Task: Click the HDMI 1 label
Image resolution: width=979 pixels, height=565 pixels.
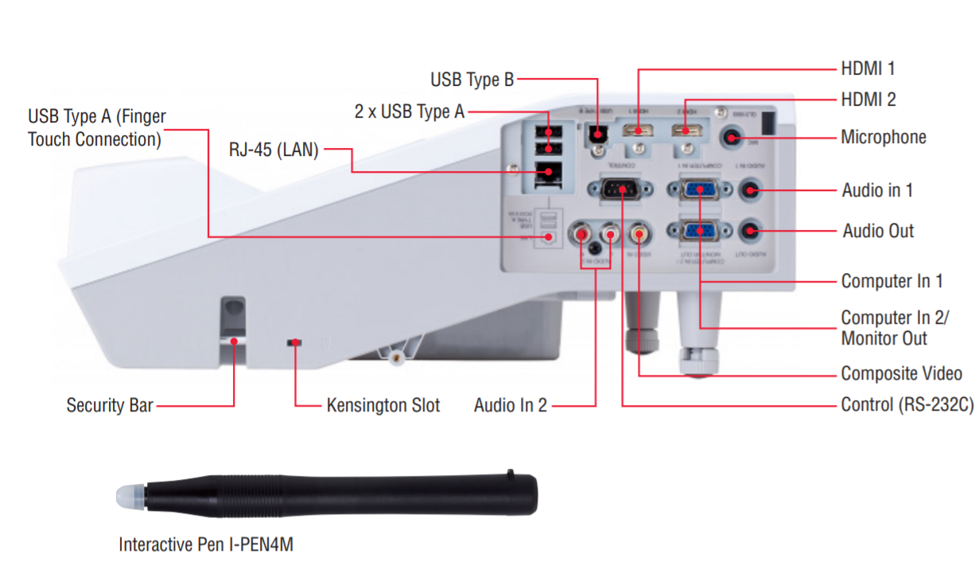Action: pos(868,68)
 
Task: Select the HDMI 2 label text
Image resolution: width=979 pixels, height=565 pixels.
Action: pos(868,99)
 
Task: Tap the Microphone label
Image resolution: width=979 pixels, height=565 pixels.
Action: pos(883,137)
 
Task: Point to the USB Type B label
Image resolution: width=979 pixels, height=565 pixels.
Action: pos(472,80)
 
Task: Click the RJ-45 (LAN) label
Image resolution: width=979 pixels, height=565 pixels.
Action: pos(274,149)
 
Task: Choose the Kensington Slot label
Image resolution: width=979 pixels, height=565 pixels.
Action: pos(383,405)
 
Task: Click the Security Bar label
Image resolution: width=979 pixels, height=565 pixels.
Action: pos(109,405)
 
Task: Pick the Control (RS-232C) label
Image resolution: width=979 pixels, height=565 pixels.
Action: pos(907,405)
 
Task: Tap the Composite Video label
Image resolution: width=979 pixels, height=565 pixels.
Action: pos(902,373)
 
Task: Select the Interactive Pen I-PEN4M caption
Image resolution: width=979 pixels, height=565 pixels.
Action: pos(206,545)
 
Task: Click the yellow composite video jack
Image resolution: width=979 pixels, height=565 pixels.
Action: pos(639,233)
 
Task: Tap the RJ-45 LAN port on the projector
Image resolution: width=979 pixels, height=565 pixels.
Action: pos(547,170)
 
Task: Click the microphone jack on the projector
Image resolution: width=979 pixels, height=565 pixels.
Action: pos(732,138)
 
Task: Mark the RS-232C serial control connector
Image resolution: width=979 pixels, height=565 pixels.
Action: pos(619,189)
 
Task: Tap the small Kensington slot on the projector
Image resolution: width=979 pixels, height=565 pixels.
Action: pos(295,342)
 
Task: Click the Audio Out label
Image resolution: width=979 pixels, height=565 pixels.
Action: pos(878,231)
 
